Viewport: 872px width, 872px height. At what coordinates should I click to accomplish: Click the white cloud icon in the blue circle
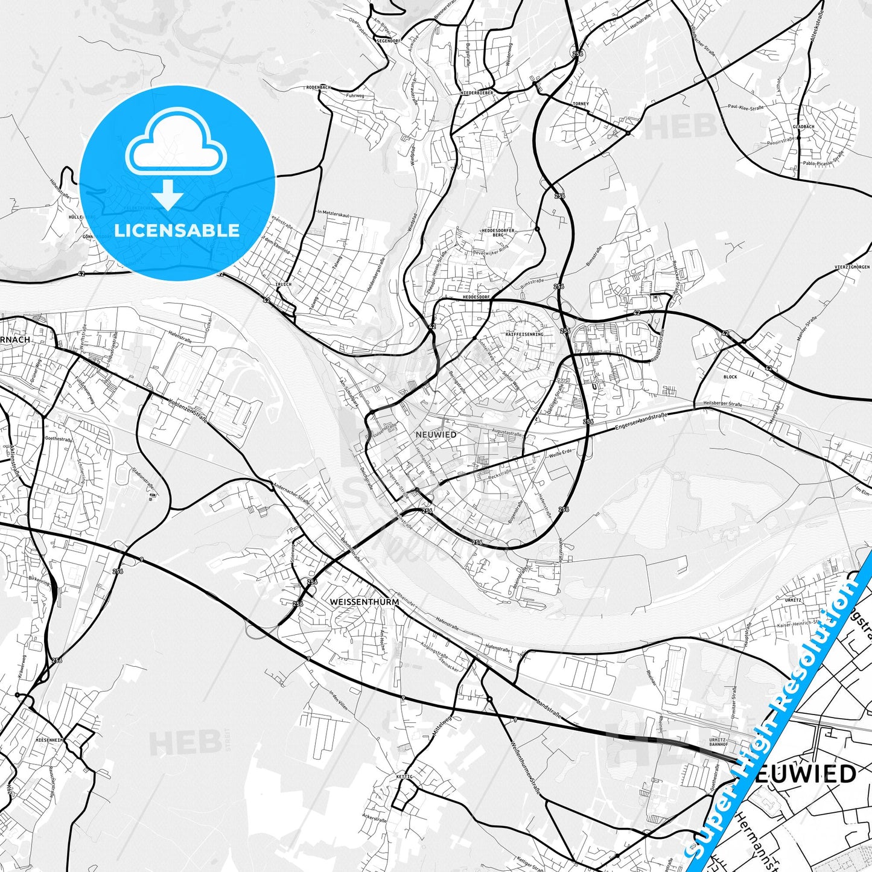tap(176, 145)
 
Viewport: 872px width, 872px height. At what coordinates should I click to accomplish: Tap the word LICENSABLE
tap(177, 230)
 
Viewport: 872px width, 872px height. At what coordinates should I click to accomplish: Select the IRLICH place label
tap(283, 284)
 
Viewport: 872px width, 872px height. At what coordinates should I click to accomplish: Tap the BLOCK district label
tap(730, 377)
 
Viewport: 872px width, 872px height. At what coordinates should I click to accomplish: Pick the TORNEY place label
tap(580, 104)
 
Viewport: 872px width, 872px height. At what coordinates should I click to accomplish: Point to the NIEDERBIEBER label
tap(477, 93)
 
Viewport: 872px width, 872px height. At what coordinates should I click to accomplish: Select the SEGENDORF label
tap(388, 41)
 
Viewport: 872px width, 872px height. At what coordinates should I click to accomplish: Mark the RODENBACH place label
tap(319, 88)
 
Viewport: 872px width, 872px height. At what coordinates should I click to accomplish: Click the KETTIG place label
tap(404, 777)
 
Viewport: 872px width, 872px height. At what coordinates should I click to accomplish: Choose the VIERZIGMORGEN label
tap(851, 267)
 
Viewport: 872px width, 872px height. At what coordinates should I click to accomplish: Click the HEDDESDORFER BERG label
tap(497, 234)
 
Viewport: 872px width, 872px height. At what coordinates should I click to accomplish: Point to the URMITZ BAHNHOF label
tap(718, 742)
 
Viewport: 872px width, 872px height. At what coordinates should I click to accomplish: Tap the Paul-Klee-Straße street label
tap(746, 107)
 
